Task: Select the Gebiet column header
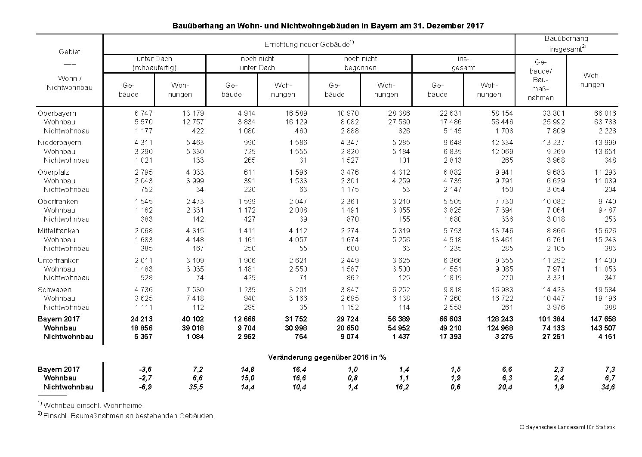[x=69, y=52]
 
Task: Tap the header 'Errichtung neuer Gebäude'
[x=309, y=44]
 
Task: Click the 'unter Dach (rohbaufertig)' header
[x=154, y=63]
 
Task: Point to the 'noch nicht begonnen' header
[x=360, y=63]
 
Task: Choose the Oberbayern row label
[x=57, y=113]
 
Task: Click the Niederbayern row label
[x=59, y=142]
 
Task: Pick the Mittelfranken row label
[x=59, y=231]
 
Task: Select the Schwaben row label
[x=54, y=290]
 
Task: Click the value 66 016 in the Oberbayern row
[x=605, y=113]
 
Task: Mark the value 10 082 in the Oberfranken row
[x=553, y=201]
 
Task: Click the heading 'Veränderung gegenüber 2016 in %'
[x=327, y=357]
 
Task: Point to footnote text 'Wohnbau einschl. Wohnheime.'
[x=94, y=405]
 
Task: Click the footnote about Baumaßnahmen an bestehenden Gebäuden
[x=129, y=416]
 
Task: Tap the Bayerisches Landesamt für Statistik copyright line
[x=567, y=427]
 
